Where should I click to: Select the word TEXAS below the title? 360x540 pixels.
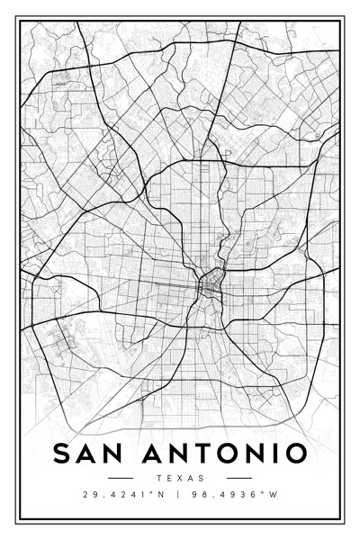(x=180, y=478)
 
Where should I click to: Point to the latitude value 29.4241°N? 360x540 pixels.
(x=119, y=495)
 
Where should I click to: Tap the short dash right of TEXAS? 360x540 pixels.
(x=239, y=478)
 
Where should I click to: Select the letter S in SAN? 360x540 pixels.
(x=62, y=452)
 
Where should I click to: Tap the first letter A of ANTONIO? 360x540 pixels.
(x=148, y=452)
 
